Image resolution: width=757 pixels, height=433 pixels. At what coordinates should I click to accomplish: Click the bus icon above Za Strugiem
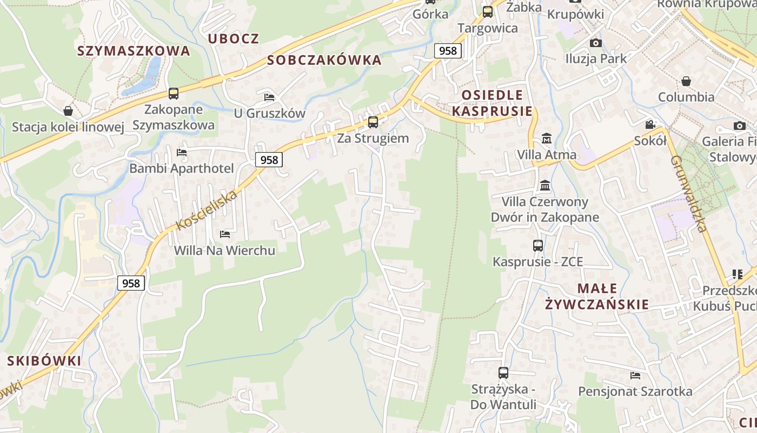(373, 122)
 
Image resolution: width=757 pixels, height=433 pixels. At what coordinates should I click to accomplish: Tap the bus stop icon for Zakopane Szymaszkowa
(174, 93)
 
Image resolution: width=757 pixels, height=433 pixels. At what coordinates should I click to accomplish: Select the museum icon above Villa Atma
(547, 138)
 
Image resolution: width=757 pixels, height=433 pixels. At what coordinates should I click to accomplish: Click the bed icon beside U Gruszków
(269, 97)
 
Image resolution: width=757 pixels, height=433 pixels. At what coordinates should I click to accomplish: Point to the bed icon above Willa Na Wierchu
(225, 234)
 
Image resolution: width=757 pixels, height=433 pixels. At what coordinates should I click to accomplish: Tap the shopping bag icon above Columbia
(686, 81)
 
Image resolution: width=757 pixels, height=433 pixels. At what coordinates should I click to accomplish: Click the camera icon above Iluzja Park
(595, 43)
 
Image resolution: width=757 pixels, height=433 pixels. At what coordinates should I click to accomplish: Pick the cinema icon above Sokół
(650, 124)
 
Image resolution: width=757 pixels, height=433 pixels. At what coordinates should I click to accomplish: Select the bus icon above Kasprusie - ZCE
(538, 245)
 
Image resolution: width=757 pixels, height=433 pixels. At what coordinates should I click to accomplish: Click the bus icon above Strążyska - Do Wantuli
(503, 372)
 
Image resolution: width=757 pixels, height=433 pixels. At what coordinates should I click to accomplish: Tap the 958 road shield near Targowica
(448, 51)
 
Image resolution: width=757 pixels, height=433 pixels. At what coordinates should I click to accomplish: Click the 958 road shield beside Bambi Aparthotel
(269, 160)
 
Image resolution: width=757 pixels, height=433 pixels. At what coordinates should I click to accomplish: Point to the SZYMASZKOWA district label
(134, 51)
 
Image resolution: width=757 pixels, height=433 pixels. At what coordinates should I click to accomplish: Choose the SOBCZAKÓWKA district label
(324, 60)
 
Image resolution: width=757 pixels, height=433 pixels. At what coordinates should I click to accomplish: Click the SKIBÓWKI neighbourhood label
(44, 360)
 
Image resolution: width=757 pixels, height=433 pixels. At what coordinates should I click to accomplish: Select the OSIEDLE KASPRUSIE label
(492, 103)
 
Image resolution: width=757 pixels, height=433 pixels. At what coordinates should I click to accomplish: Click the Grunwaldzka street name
(689, 193)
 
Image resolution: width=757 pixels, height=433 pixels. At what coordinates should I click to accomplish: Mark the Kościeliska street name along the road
(207, 210)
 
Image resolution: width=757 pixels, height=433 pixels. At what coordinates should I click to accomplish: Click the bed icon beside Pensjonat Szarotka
(635, 375)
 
